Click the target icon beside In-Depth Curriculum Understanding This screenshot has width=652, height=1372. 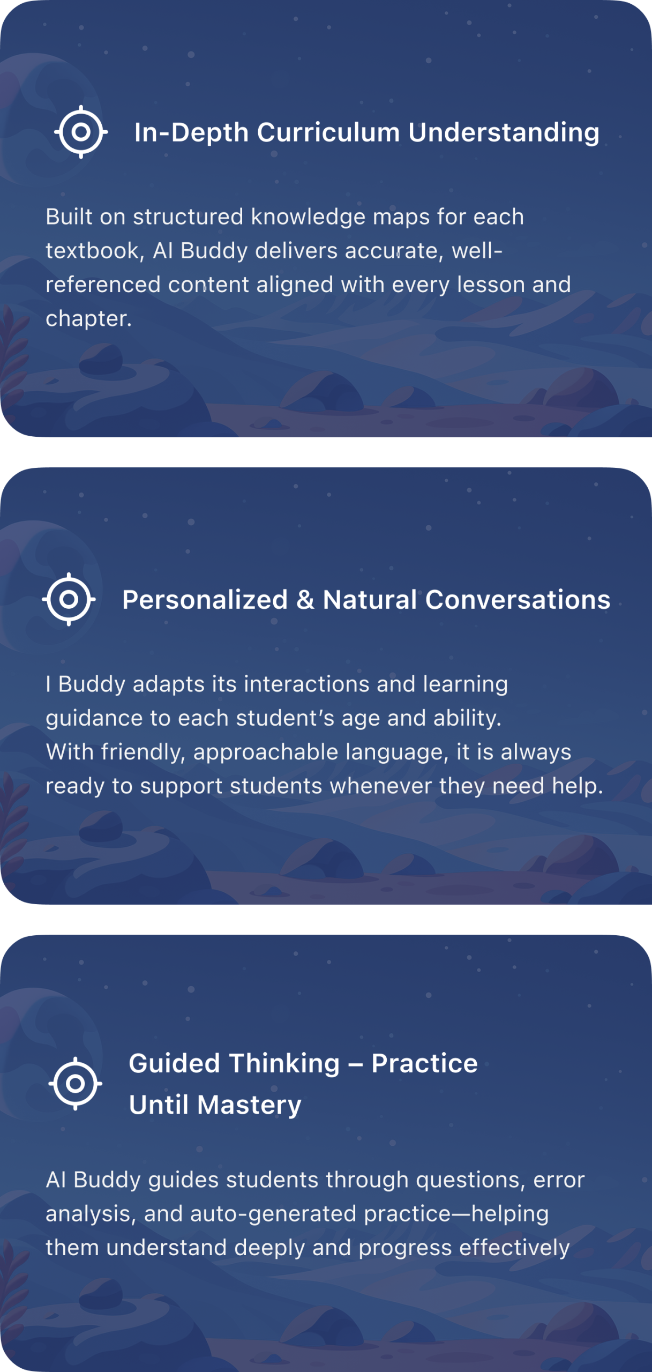[x=81, y=132]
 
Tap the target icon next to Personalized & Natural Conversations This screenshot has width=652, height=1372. [x=69, y=599]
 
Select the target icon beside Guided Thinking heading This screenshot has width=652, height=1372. [x=76, y=1084]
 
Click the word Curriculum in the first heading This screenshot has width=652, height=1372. [x=328, y=132]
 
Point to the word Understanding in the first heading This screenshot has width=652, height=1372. [x=504, y=133]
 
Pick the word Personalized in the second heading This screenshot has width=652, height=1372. [x=205, y=600]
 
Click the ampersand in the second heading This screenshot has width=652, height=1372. [x=305, y=600]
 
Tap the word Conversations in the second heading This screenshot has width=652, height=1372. [x=518, y=600]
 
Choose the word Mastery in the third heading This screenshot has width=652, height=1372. [x=249, y=1105]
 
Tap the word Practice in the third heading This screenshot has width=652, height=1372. [x=424, y=1063]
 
